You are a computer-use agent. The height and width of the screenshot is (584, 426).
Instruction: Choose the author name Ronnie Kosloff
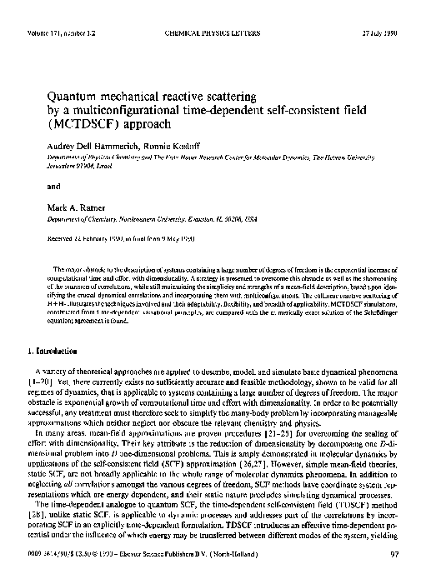tap(178, 143)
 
